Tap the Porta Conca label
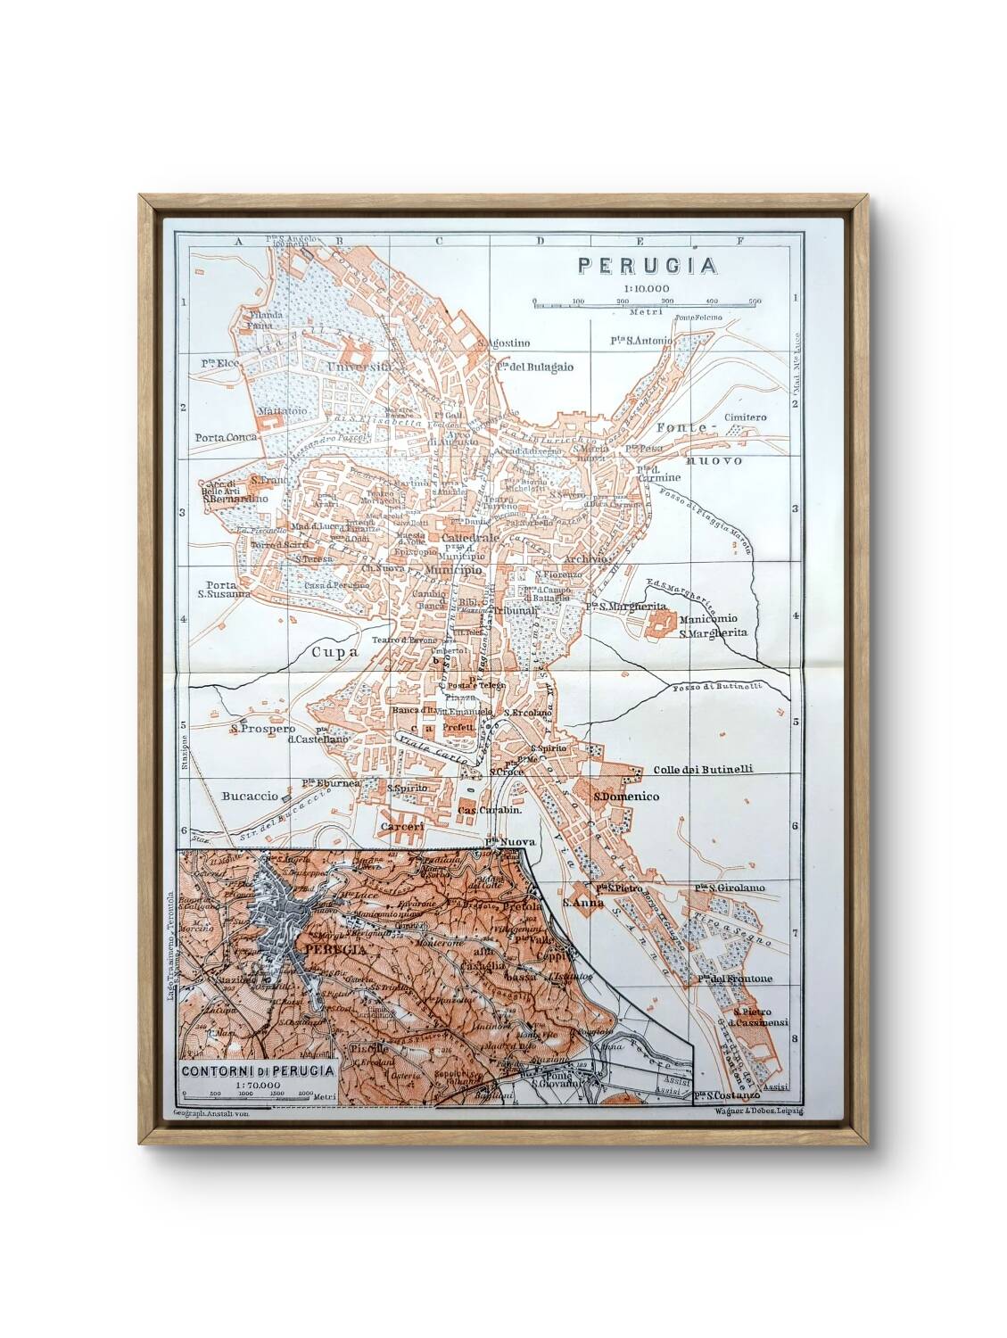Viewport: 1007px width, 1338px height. pyautogui.click(x=227, y=437)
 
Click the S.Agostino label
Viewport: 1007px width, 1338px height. pyautogui.click(x=504, y=343)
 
